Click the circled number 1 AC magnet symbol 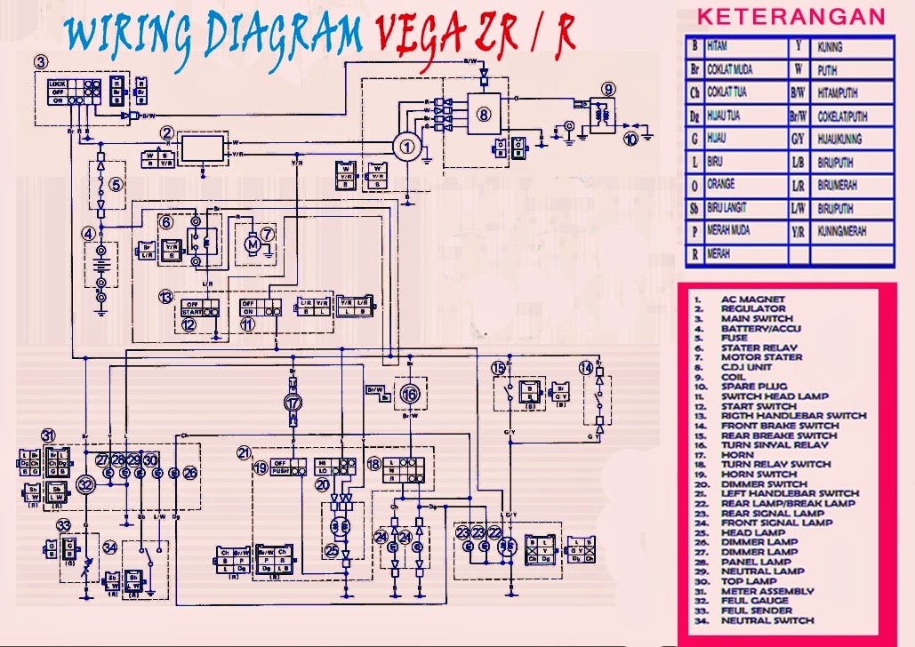[x=406, y=148]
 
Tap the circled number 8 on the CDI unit [x=483, y=114]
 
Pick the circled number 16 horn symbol [x=408, y=394]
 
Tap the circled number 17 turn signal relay [x=293, y=403]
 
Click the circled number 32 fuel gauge [x=85, y=484]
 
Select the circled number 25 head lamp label [x=331, y=551]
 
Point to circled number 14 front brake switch [x=586, y=368]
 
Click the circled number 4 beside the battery [x=88, y=234]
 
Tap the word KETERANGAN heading [x=791, y=17]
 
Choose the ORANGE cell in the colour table [x=721, y=185]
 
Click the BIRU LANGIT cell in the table [x=728, y=208]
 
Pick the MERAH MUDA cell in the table [x=728, y=231]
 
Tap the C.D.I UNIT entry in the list [x=748, y=367]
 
